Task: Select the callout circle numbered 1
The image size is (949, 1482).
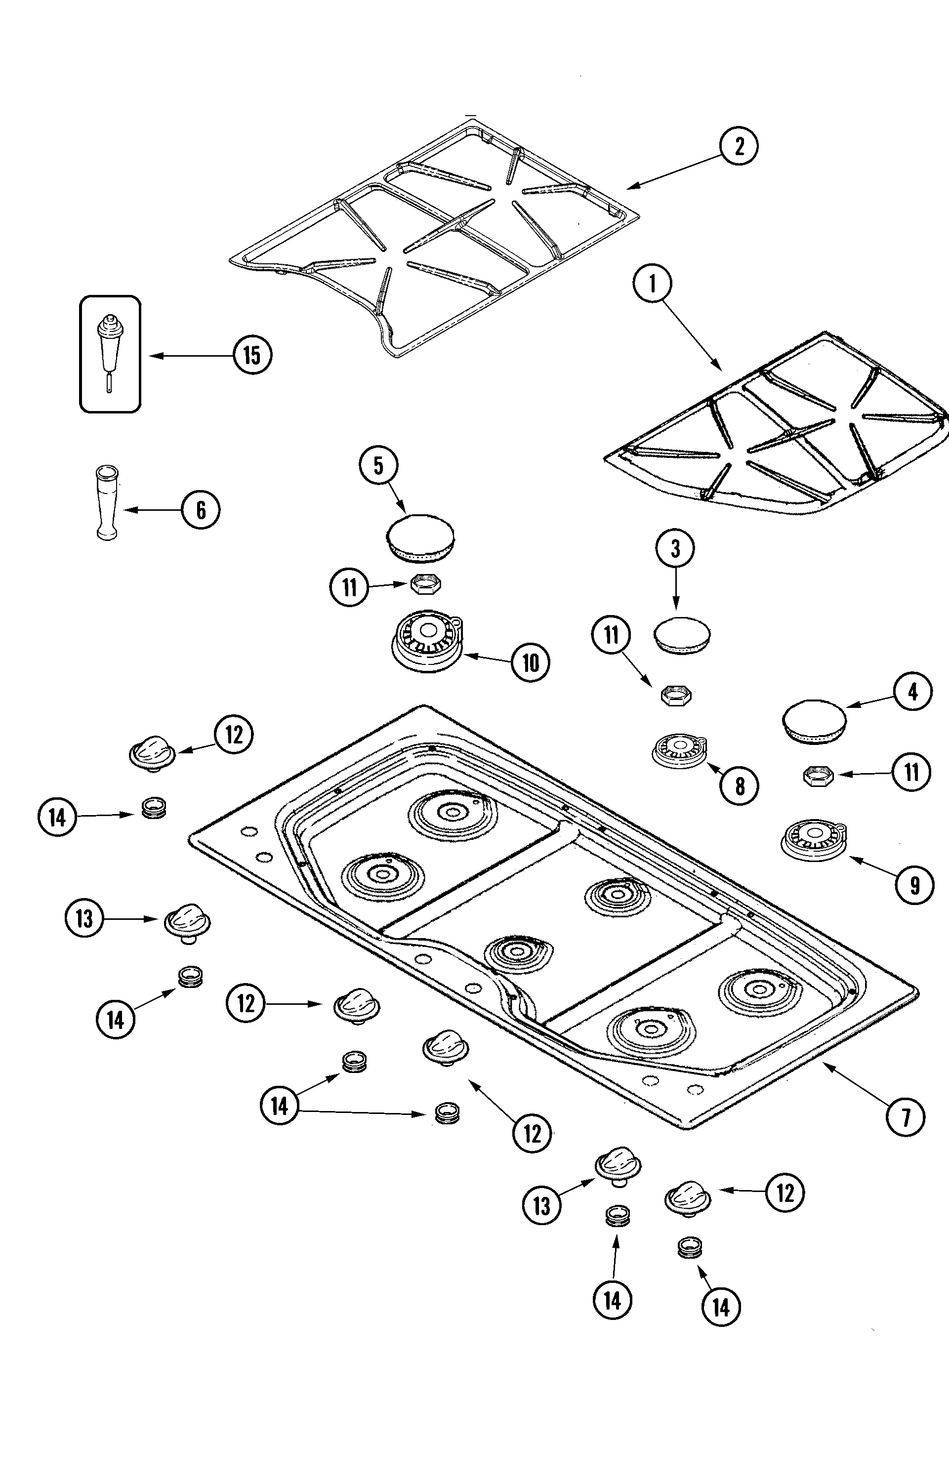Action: (x=652, y=284)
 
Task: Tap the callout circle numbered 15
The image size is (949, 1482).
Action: (x=252, y=355)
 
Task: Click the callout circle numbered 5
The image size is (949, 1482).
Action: (x=378, y=466)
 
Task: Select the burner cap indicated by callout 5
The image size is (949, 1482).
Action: (x=421, y=537)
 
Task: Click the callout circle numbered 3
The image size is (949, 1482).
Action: (x=675, y=548)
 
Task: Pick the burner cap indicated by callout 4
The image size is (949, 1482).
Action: (x=814, y=721)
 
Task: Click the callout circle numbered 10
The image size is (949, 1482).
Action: (x=531, y=662)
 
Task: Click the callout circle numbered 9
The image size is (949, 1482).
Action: (x=914, y=886)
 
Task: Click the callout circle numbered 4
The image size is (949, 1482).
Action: (x=912, y=692)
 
